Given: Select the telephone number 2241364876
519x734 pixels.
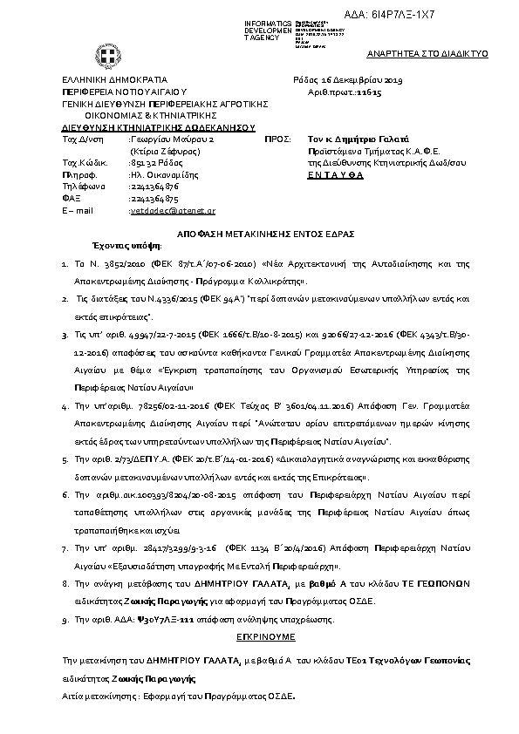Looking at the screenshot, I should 154,186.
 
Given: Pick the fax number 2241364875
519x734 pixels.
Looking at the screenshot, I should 154,198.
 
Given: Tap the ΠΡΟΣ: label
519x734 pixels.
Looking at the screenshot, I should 276,139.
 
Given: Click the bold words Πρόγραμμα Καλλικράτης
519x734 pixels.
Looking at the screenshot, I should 262,282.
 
